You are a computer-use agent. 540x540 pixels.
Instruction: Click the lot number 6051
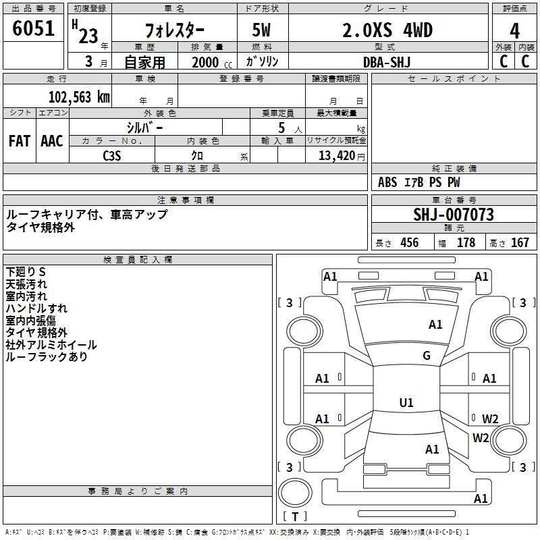pos(34,30)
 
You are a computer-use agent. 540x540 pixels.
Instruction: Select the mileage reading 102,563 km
pos(79,97)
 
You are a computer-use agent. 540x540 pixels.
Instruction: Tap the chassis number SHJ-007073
pos(454,215)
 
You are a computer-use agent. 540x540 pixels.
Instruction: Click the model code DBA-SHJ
pos(387,61)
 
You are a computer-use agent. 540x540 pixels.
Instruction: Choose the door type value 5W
pos(262,30)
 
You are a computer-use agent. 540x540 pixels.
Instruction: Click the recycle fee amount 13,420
pos(337,155)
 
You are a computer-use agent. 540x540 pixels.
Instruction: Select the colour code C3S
pos(112,155)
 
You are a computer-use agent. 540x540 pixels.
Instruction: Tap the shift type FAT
pos(20,141)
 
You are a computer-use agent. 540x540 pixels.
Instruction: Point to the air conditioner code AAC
pos(52,141)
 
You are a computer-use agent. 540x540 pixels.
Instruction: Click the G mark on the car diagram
pos(427,356)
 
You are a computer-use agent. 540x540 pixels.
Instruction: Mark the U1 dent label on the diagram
pos(406,402)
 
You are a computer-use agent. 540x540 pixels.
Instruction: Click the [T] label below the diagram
pos(295,517)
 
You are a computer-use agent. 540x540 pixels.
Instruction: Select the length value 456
pos(409,243)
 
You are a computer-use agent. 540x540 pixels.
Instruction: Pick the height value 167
pos(520,243)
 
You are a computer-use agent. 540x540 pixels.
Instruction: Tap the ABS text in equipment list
pos(387,182)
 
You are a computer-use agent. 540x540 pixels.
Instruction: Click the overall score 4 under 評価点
pos(514,30)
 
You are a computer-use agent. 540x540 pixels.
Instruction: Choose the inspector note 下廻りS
pos(26,271)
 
